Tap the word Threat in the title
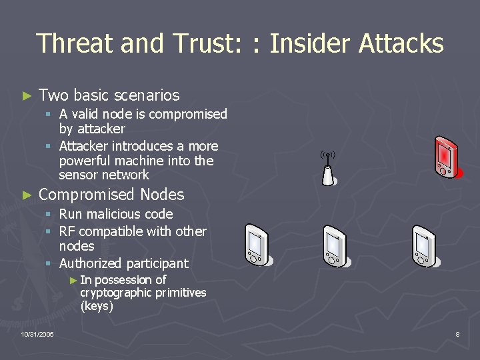tap(73, 44)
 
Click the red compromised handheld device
tap(445, 157)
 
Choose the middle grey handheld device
tap(335, 246)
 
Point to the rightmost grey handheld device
tap(423, 246)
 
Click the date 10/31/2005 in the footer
tap(37, 334)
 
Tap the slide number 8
tap(457, 334)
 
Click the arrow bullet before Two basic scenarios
tap(27, 96)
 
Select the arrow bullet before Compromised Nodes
tap(27, 195)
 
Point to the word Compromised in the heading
tap(87, 195)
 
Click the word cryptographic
tap(115, 293)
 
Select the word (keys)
tap(97, 307)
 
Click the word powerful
tap(87, 161)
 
